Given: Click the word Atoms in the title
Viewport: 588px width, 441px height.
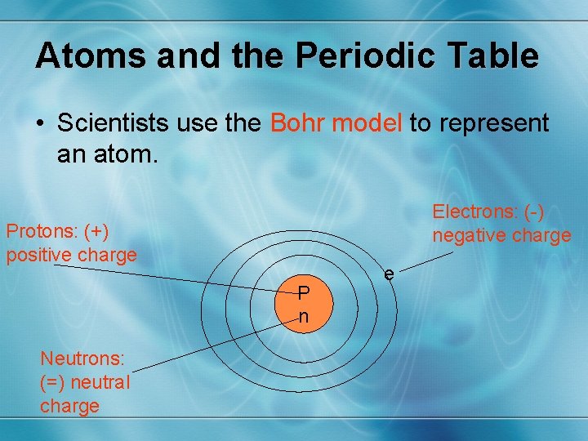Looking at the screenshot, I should pos(83,56).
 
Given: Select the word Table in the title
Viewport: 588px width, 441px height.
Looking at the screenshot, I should pos(497,56).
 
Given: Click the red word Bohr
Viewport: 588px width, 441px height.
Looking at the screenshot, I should pos(296,123).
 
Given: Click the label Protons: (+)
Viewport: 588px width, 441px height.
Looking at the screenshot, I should pos(57,231).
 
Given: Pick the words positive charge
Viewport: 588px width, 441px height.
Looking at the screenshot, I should pos(72,255).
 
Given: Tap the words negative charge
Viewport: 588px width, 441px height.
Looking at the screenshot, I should pos(501,236).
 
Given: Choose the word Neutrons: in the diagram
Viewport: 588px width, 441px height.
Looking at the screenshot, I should pos(82,358).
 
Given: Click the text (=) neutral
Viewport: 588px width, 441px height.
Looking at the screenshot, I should pos(84,381).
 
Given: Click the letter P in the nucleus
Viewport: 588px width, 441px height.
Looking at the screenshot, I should pos(303,292).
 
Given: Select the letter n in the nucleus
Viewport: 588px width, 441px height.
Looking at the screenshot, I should pos(303,317).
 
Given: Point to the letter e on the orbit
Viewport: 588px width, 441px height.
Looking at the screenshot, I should pos(390,274).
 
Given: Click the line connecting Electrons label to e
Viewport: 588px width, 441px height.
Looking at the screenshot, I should pos(425,262).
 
